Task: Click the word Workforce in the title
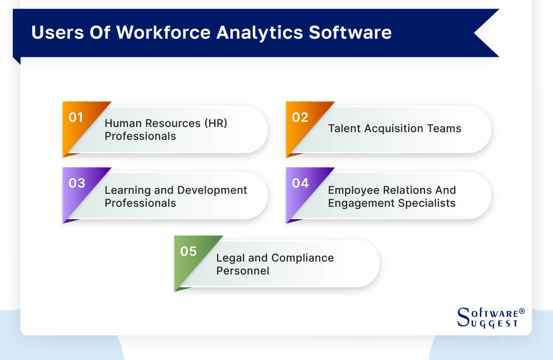(x=163, y=32)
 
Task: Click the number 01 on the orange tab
(x=76, y=117)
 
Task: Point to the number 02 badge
(x=300, y=117)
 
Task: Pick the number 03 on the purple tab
(x=77, y=183)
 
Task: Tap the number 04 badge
(x=301, y=183)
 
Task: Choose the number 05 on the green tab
(x=188, y=251)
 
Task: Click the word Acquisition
(x=394, y=129)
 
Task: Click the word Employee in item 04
(x=352, y=190)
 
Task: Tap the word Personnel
(x=242, y=270)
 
